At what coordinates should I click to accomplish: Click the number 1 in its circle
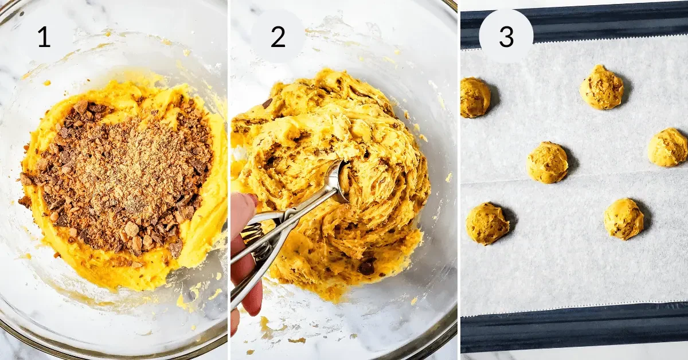(44, 37)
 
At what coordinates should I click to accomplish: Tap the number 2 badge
(278, 37)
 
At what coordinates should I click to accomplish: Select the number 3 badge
(506, 37)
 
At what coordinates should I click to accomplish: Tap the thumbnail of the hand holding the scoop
(251, 199)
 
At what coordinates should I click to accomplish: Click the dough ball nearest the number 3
(601, 87)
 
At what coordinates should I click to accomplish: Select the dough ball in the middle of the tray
(548, 163)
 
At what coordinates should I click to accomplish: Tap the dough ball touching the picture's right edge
(668, 147)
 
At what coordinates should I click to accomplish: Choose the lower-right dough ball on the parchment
(623, 219)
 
